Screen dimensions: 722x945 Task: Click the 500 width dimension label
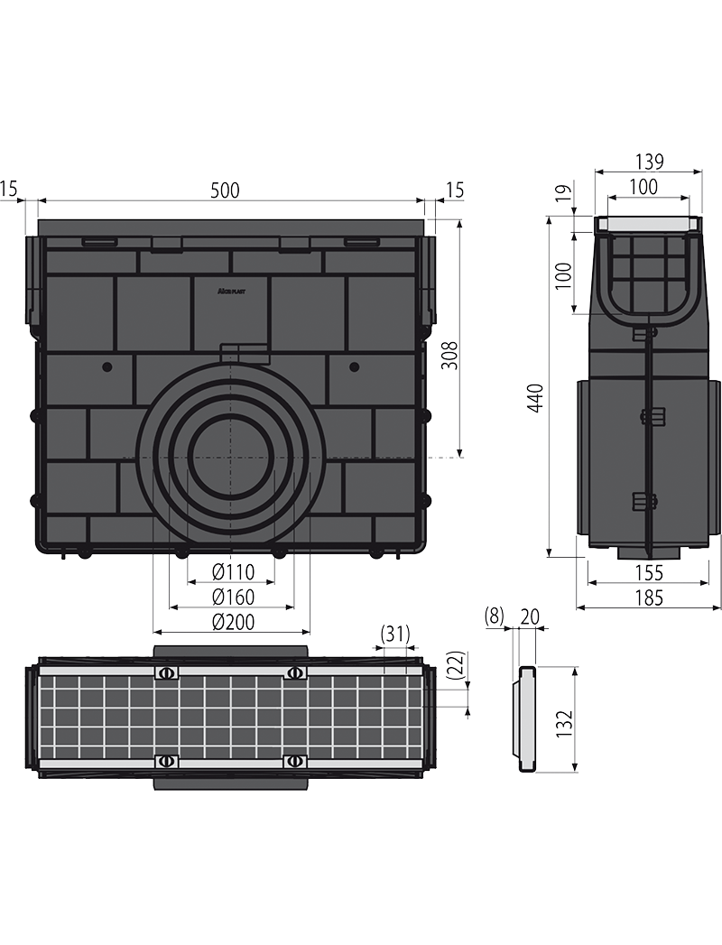(x=226, y=190)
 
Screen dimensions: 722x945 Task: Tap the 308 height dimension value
(x=449, y=356)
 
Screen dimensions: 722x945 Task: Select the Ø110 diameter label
(x=233, y=571)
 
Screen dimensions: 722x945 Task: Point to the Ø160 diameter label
(x=233, y=597)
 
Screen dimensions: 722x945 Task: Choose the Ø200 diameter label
(x=233, y=621)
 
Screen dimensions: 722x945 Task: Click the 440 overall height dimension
(x=536, y=398)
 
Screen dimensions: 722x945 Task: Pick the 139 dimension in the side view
(x=649, y=162)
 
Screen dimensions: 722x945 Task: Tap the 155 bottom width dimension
(x=649, y=572)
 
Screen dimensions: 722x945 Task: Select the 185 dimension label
(x=649, y=598)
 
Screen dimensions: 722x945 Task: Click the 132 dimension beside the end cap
(x=563, y=725)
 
